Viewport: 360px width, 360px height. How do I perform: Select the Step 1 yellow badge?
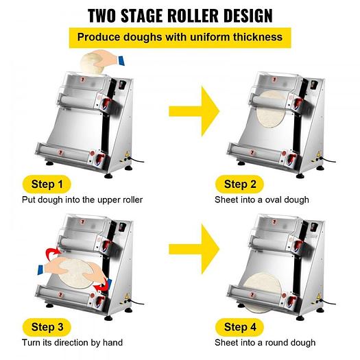coord(47,184)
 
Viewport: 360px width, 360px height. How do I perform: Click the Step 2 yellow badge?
coord(240,184)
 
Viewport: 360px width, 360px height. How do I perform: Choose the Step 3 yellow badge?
coord(47,327)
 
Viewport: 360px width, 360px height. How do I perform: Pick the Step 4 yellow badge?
coord(240,327)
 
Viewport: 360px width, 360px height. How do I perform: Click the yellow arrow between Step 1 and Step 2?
coord(194,111)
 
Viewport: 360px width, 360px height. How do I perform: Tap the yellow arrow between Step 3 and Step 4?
coord(194,249)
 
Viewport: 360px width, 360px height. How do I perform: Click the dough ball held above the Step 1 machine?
coord(91,62)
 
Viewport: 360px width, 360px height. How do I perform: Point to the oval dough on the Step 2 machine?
coord(271,109)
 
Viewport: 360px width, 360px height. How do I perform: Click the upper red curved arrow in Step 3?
coord(53,254)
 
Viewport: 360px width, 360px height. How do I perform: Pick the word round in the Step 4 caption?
coord(276,343)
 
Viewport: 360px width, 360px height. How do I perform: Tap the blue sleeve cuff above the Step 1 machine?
coord(121,60)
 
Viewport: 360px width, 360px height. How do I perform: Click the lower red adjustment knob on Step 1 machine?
coord(100,158)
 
